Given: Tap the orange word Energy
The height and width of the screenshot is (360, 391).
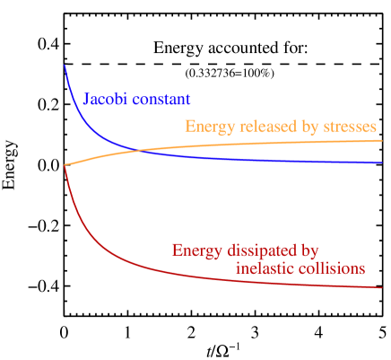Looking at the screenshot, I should tap(207, 127).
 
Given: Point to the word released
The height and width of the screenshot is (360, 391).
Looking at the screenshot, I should tap(264, 127).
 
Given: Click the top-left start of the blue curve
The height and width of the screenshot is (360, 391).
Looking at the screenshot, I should tap(65, 65).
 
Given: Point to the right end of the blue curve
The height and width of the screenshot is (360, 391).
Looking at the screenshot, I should tap(383, 163).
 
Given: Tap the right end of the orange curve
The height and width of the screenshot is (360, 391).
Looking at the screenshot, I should tap(383, 140).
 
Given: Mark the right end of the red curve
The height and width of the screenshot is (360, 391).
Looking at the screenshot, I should tap(383, 287).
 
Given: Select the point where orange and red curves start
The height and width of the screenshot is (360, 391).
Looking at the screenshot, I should tap(65, 164).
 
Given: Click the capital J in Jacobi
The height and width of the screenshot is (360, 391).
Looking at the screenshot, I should tap(86, 100).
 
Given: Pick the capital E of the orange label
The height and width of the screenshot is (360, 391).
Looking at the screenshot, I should tap(190, 127).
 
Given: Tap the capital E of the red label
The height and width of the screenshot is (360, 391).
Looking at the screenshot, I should tap(177, 250).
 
